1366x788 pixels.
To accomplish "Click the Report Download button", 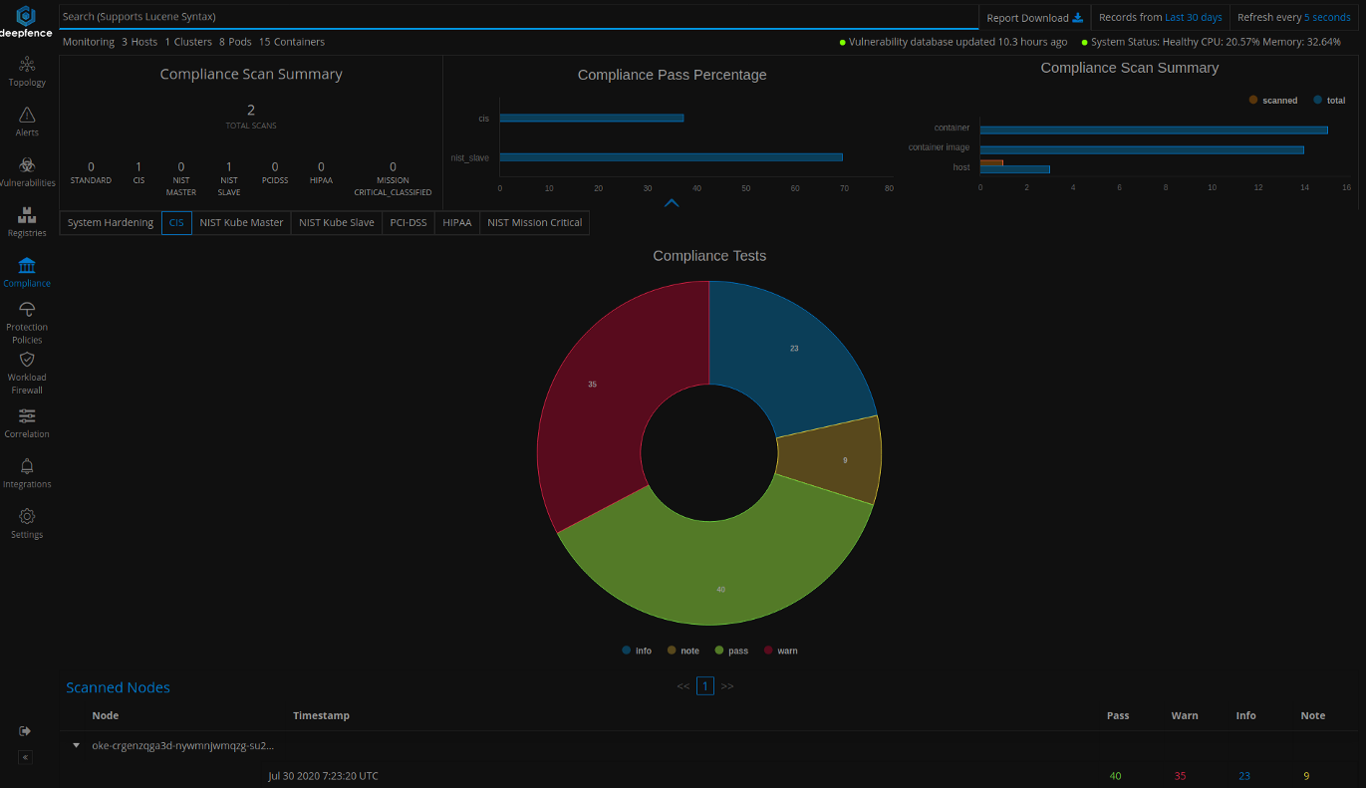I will tap(1034, 18).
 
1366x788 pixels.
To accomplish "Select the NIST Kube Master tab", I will tap(241, 223).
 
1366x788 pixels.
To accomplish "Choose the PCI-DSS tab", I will tap(408, 223).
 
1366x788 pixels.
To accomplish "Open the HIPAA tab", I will tap(456, 223).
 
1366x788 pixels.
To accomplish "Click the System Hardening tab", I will tap(111, 223).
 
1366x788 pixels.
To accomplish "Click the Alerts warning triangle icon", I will tap(27, 115).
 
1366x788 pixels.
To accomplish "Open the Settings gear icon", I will tap(27, 516).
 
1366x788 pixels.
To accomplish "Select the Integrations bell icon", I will tap(27, 466).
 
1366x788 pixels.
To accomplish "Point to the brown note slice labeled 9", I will tap(837, 459).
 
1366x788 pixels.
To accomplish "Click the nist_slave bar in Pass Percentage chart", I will tap(671, 157).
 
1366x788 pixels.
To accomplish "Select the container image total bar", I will tap(1141, 150).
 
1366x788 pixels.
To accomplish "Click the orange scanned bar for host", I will tap(990, 162).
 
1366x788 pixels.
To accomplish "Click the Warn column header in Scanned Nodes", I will tap(1184, 715).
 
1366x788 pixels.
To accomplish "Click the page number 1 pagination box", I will tap(705, 685).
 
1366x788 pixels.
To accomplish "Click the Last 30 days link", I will tap(1193, 18).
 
